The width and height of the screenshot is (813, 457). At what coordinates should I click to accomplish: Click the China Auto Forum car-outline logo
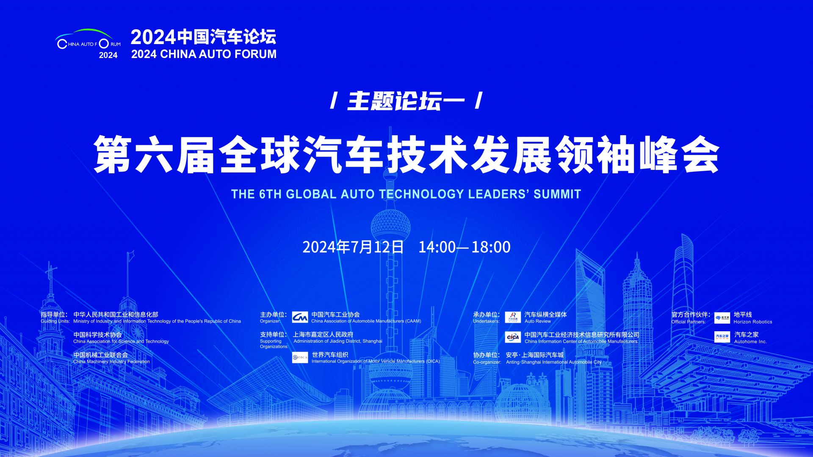point(88,43)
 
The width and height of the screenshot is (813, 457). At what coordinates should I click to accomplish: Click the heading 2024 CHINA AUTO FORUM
point(204,54)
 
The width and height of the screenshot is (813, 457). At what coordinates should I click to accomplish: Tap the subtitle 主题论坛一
point(406,102)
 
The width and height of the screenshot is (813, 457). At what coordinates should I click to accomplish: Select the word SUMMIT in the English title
point(557,194)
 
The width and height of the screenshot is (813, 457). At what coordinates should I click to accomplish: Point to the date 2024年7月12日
point(353,247)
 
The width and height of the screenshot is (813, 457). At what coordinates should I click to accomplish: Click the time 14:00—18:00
point(465,247)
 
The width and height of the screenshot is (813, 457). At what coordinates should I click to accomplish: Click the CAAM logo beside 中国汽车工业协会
point(300,317)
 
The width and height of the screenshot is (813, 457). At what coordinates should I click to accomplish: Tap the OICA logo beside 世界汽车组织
point(300,357)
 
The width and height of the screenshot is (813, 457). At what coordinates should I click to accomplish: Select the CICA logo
point(513,337)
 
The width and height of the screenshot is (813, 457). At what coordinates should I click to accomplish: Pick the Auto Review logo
point(513,317)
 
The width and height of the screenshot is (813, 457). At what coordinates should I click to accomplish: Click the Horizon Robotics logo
point(722,318)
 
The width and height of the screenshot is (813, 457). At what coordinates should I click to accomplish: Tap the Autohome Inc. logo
point(722,337)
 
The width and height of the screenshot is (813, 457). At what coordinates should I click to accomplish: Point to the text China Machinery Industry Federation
point(111,362)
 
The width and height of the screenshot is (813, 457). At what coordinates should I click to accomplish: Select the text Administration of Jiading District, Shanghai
point(338,341)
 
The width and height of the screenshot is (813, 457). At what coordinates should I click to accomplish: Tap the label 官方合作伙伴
point(691,315)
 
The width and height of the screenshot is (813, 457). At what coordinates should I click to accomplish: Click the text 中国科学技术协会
point(97,335)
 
